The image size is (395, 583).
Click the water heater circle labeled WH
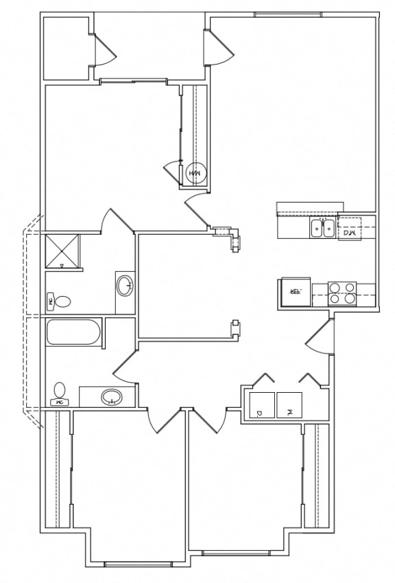(195, 173)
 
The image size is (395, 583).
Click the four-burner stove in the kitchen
(342, 294)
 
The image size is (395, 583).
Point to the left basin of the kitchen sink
(317, 228)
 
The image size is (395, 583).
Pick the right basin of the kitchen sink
(328, 228)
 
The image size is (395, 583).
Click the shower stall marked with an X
(62, 251)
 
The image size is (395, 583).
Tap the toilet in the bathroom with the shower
(60, 301)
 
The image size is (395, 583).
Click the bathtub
(73, 332)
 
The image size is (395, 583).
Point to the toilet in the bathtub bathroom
(60, 393)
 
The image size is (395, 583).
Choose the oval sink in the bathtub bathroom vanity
(111, 397)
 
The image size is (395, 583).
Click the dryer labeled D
(261, 404)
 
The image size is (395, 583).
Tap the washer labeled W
(289, 404)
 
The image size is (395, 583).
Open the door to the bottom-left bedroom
(160, 420)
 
